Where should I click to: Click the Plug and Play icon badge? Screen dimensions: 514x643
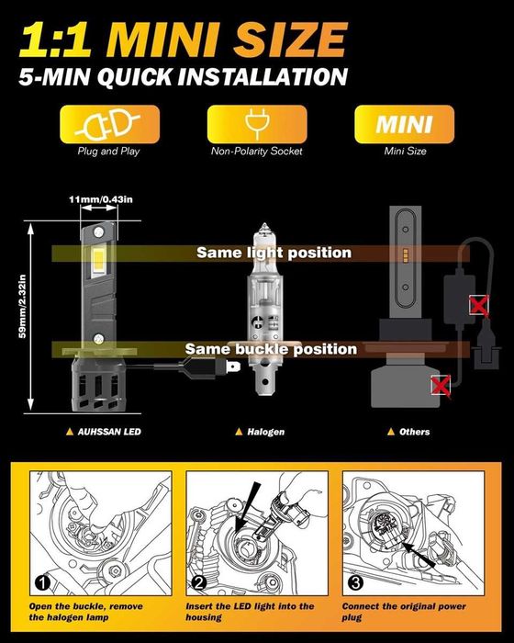click(109, 124)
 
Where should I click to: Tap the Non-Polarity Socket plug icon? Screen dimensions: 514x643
click(257, 122)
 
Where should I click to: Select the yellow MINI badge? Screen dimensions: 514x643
click(404, 124)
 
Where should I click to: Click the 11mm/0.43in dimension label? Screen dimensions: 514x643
click(101, 199)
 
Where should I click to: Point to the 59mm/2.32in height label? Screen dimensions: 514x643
click(23, 306)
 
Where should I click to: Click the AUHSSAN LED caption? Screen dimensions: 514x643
click(104, 432)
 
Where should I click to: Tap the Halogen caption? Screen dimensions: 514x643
click(260, 432)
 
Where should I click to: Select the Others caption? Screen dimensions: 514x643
click(408, 432)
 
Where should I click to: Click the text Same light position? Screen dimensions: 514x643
click(274, 253)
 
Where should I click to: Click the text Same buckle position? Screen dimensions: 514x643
click(271, 349)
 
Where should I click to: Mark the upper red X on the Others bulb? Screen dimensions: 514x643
click(479, 306)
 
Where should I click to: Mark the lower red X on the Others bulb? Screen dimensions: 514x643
click(441, 386)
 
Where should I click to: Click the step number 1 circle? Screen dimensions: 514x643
click(42, 582)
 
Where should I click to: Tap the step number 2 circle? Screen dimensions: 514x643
click(199, 582)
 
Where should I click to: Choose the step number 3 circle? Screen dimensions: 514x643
click(355, 582)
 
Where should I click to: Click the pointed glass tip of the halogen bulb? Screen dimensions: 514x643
click(264, 226)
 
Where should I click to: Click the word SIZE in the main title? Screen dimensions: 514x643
click(291, 39)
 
